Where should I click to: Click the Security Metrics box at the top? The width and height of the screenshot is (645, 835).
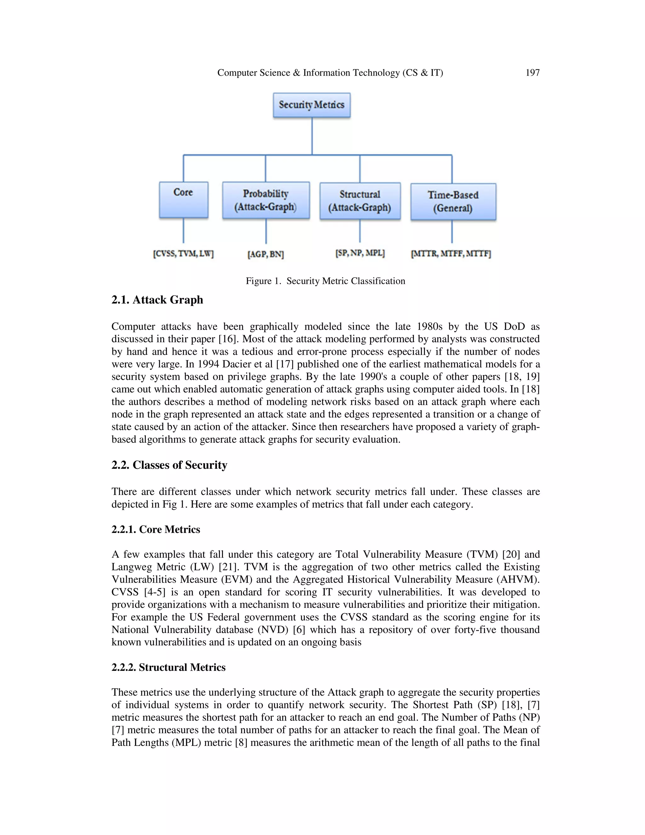[x=311, y=105]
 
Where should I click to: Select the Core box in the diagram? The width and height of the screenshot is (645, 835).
[x=183, y=199]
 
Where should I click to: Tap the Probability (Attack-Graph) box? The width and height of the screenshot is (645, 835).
[x=265, y=200]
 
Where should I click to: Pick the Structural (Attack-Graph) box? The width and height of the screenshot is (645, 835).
[x=360, y=201]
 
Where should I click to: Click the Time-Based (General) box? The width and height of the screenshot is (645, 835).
[x=453, y=201]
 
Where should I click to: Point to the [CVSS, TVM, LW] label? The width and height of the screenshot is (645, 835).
[x=183, y=253]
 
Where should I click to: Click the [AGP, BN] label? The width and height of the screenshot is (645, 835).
[x=265, y=254]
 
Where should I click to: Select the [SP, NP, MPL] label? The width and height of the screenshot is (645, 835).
[x=360, y=253]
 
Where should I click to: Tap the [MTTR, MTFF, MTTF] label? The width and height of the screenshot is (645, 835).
[x=451, y=253]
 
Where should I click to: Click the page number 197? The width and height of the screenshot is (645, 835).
[x=532, y=73]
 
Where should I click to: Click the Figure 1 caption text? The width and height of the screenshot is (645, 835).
[x=325, y=281]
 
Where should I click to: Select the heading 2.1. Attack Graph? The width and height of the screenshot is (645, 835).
[x=157, y=300]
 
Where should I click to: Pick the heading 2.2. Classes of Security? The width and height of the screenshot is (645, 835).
[x=169, y=465]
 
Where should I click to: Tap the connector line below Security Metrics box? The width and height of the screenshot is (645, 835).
[x=312, y=136]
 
